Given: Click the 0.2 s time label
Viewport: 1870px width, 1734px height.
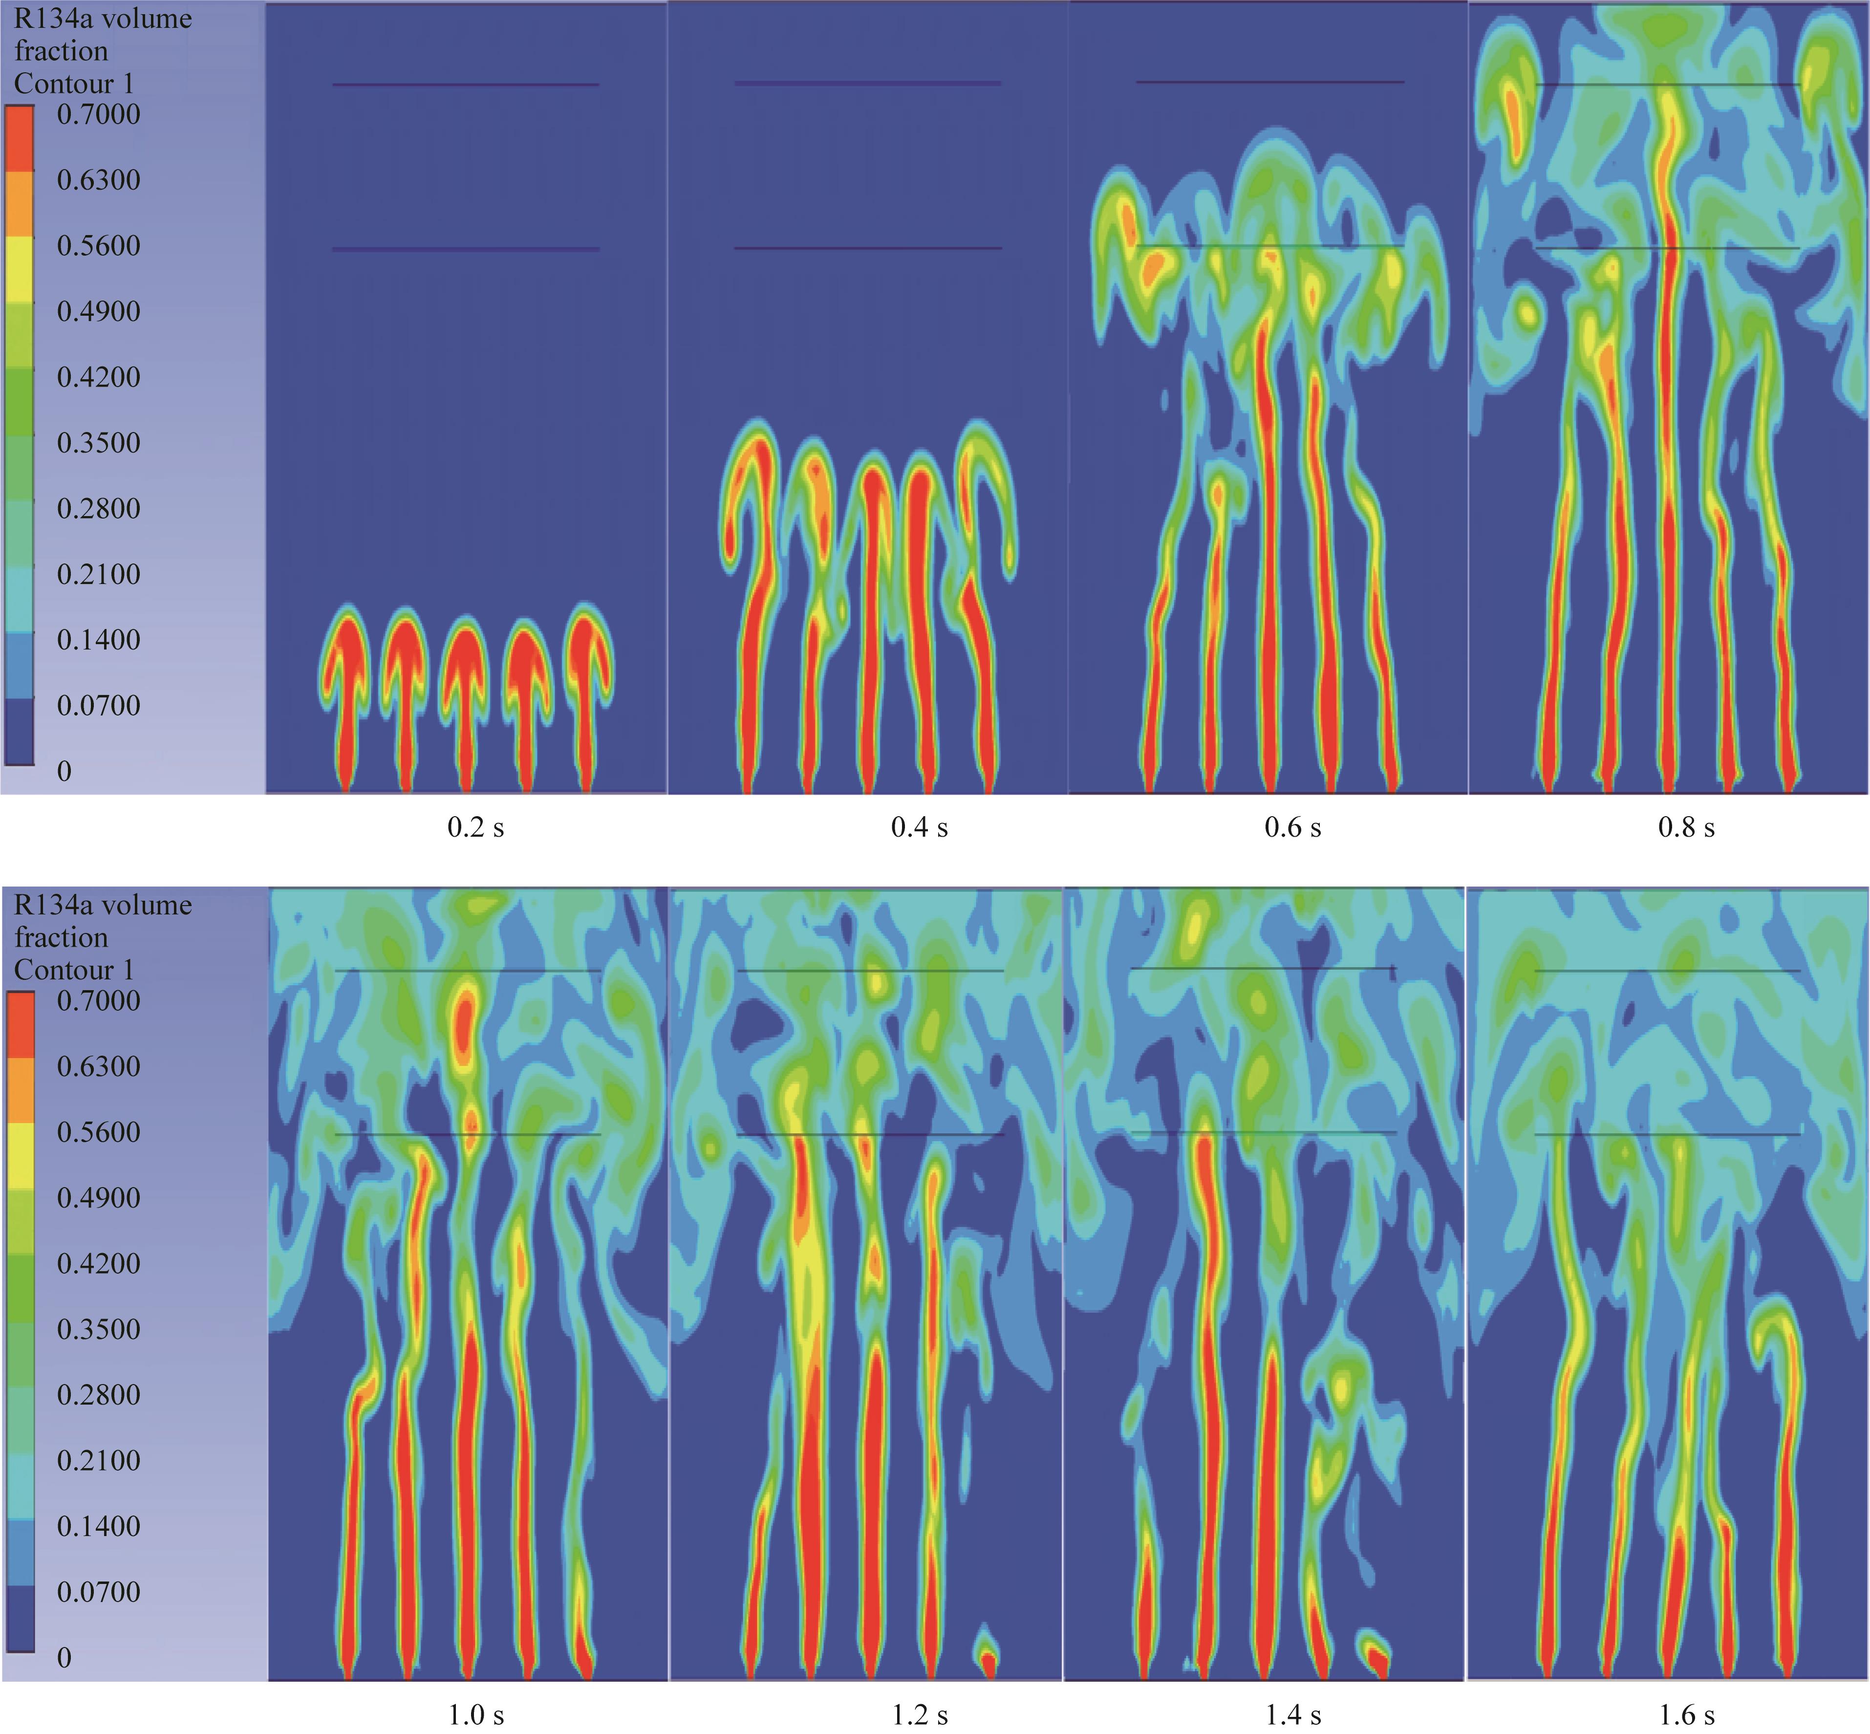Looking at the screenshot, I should (x=476, y=827).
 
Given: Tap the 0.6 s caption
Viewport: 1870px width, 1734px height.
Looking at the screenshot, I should (x=1293, y=827).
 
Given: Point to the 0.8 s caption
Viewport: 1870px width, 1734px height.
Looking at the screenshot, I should (x=1686, y=827).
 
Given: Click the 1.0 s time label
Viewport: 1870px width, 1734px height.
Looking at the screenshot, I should (x=476, y=1715).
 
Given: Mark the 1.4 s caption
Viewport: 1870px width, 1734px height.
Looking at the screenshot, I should (x=1293, y=1715).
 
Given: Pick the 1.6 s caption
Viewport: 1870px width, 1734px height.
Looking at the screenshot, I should (x=1686, y=1715).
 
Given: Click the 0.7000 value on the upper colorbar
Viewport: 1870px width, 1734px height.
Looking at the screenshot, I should (x=99, y=114).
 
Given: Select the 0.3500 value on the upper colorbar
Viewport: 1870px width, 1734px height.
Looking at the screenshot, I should (x=99, y=443).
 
